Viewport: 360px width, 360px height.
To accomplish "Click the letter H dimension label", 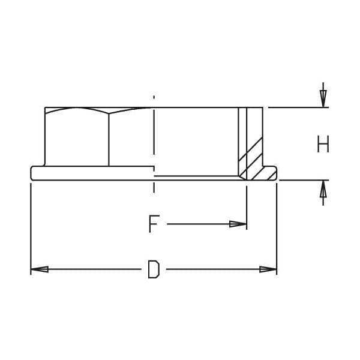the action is (323, 144).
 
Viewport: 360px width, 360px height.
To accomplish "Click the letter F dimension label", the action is (154, 224).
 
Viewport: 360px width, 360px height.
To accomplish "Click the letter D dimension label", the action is (154, 269).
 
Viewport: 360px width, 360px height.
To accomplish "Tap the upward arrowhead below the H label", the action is (323, 189).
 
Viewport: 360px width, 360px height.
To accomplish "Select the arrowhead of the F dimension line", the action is (238, 224).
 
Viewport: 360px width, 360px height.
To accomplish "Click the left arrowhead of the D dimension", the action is (40, 269).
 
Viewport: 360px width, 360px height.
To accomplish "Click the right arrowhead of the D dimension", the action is (268, 269).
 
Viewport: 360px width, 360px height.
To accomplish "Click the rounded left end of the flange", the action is (32, 173).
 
